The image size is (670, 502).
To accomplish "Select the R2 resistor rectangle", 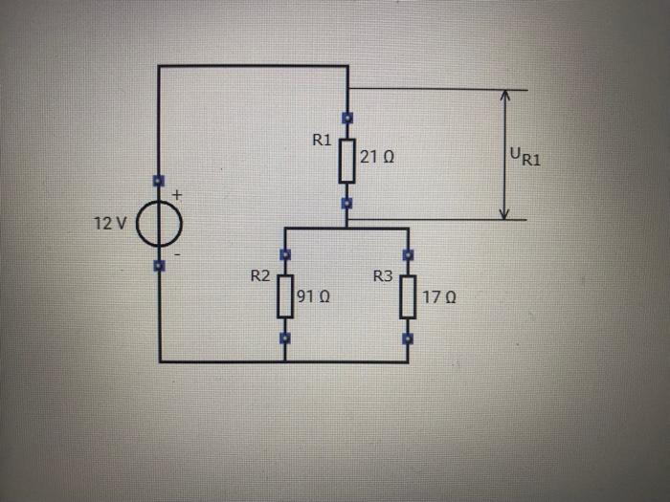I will click(x=284, y=297).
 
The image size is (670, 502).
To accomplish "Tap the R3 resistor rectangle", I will click(x=408, y=297).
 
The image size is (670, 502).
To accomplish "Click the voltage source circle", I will click(x=159, y=226).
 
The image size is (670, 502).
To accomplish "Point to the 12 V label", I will click(x=110, y=224).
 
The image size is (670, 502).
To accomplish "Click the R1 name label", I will click(x=322, y=140).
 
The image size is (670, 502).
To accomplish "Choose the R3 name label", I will click(x=383, y=276).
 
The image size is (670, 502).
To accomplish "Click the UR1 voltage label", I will click(x=525, y=156).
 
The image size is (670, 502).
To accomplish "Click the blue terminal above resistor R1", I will click(x=347, y=118).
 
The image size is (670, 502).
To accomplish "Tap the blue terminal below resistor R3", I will click(x=408, y=338).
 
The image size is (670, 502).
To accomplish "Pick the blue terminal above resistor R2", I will click(x=284, y=254).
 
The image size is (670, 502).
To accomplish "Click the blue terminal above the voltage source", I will click(x=159, y=180).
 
